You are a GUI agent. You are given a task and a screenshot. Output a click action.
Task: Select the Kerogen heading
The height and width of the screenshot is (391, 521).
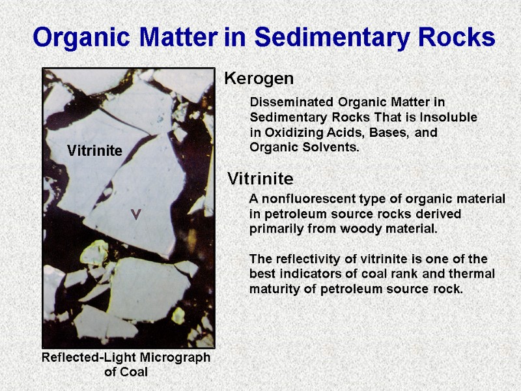coord(259,79)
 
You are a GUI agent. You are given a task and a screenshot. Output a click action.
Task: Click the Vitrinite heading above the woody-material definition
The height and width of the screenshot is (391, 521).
coord(260,178)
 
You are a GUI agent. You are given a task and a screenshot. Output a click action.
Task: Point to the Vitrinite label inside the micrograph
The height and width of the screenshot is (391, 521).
coord(94,151)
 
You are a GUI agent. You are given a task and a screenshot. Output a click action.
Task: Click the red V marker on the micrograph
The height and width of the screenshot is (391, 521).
coord(135,214)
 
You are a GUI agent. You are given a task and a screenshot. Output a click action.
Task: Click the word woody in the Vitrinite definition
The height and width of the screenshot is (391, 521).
coord(373,229)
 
